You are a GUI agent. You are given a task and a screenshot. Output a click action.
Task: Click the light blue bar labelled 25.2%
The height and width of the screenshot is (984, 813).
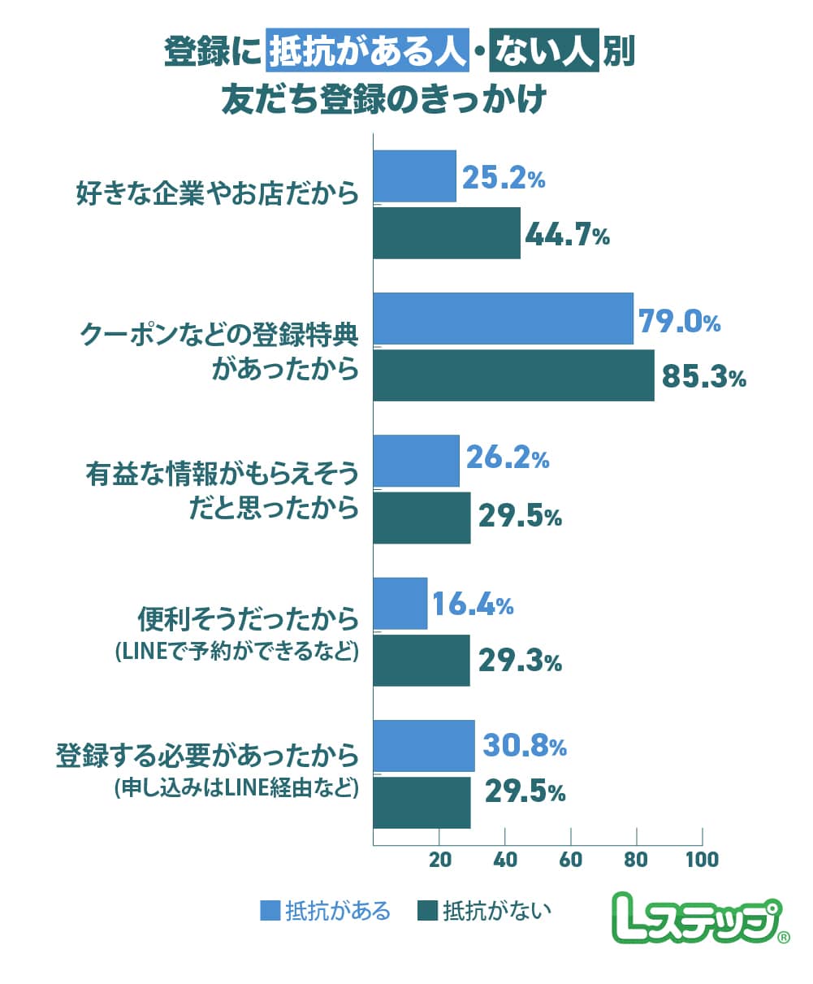[414, 176]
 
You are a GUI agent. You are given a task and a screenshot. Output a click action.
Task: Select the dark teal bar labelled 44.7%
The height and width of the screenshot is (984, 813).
[447, 233]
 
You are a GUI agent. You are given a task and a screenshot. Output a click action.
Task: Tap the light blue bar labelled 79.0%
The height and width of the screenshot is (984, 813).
[503, 319]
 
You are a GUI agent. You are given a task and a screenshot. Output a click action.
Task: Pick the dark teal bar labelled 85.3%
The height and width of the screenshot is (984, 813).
[513, 375]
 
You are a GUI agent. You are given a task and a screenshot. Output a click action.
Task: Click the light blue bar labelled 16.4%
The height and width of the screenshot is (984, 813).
[400, 603]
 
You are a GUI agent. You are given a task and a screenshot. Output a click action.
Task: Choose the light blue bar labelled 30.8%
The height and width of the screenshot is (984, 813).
[424, 745]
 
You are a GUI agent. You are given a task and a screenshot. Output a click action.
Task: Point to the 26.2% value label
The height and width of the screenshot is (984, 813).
[508, 460]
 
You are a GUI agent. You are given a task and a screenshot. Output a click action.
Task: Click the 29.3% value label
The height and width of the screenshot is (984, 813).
[520, 661]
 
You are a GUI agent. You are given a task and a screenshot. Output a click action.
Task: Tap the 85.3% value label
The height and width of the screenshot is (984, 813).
[703, 377]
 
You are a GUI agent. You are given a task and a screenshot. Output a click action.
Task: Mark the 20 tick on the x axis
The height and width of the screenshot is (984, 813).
[439, 859]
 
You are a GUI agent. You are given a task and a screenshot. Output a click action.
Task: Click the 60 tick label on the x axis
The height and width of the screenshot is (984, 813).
[571, 859]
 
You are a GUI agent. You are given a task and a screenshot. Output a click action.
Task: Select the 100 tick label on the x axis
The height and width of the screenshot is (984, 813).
[702, 859]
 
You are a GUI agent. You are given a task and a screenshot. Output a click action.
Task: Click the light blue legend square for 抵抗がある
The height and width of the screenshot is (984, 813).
[270, 910]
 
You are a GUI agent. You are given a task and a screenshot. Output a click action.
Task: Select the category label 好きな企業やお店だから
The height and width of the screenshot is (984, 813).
[217, 195]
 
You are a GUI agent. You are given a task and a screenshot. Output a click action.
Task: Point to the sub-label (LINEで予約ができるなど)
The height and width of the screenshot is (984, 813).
[236, 651]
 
